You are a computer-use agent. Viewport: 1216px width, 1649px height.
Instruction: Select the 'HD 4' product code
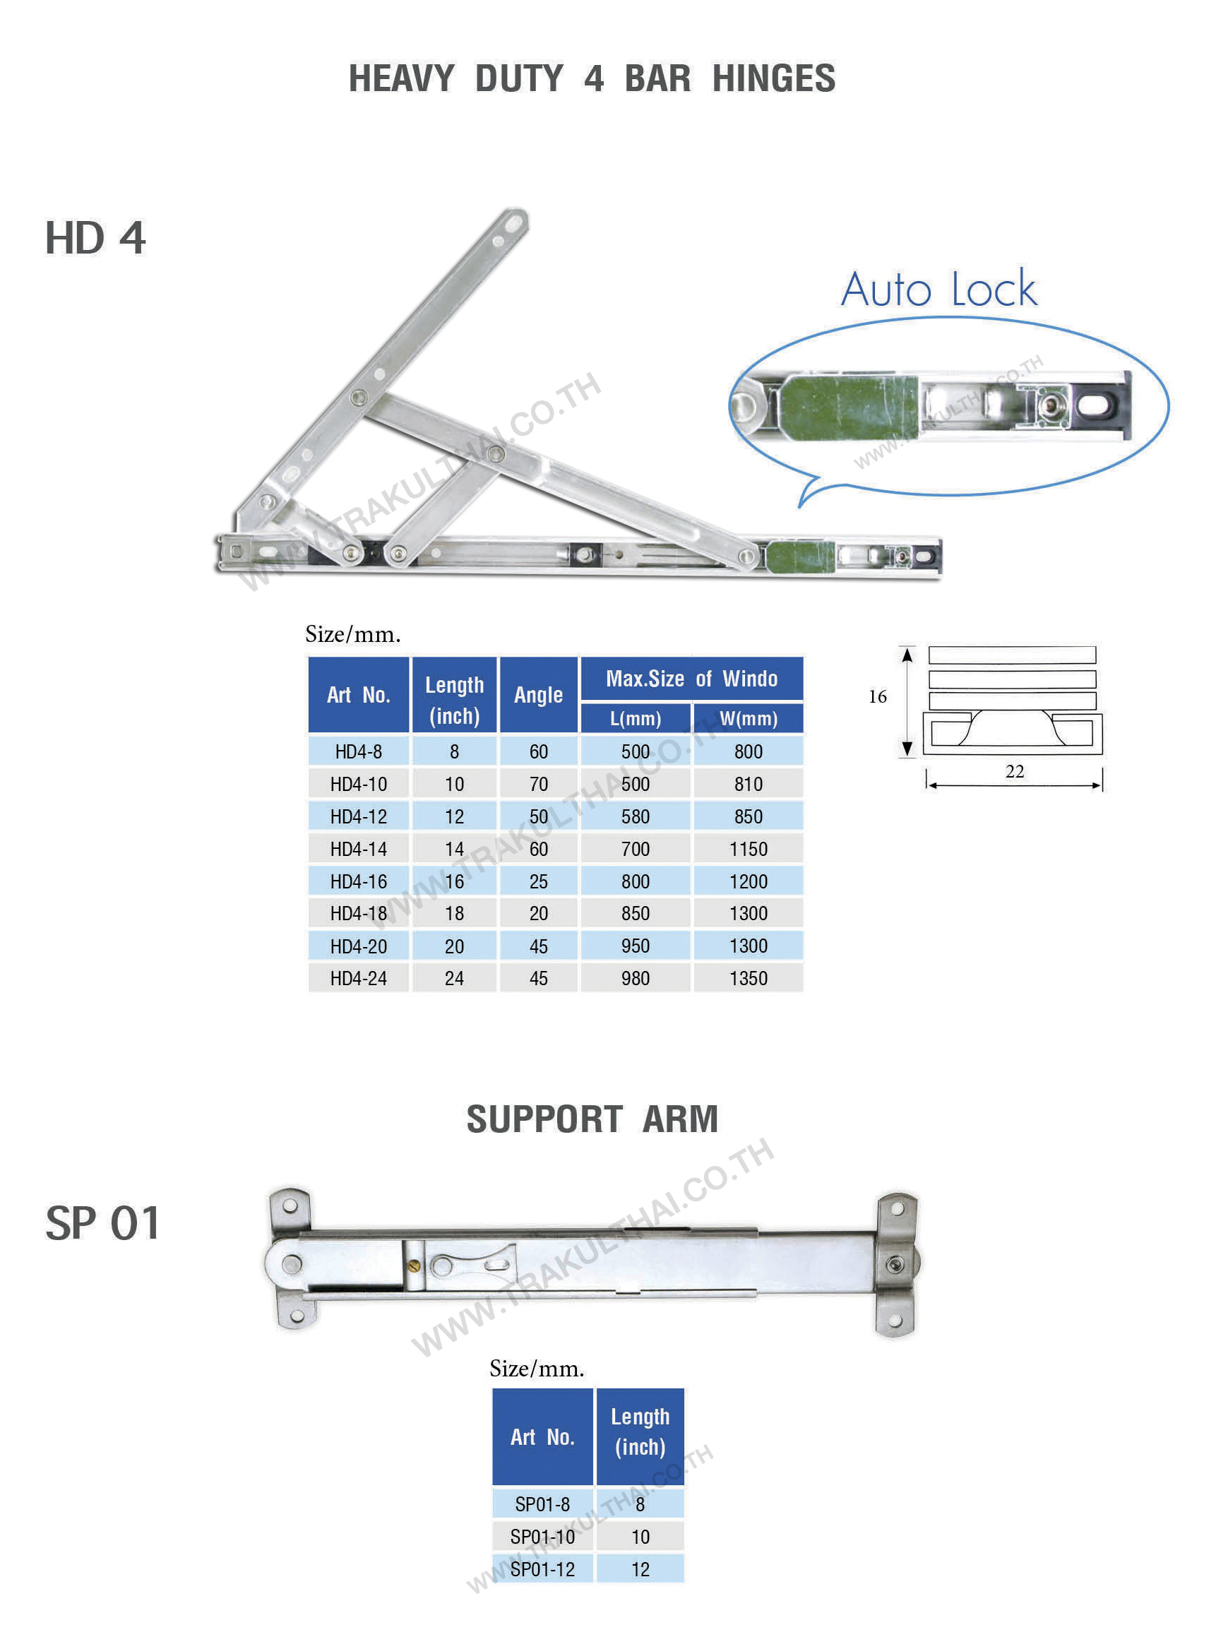[96, 239]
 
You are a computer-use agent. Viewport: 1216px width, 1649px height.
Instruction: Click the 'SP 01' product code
[102, 1222]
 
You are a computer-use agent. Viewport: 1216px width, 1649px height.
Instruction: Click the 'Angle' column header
[538, 695]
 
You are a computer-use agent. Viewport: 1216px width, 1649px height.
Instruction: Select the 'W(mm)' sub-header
[748, 718]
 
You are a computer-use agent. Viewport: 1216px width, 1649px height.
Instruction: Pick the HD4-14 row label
[359, 849]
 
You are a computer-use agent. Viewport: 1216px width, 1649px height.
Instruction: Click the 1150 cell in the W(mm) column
[748, 849]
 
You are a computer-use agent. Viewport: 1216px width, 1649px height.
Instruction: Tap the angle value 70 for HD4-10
[538, 784]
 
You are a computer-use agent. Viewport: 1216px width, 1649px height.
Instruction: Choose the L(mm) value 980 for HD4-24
[636, 978]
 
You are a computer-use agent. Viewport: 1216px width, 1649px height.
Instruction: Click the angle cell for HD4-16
[538, 881]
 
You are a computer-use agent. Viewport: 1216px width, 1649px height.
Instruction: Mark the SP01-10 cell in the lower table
[542, 1537]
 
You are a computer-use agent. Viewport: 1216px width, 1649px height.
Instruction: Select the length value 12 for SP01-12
[640, 1568]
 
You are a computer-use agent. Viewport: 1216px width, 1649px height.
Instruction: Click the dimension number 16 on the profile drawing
[878, 696]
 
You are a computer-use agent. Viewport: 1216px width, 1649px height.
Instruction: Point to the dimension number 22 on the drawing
[1014, 770]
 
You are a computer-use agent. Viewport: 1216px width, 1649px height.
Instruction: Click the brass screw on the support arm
[414, 1266]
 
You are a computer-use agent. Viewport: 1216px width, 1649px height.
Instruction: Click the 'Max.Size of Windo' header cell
[691, 679]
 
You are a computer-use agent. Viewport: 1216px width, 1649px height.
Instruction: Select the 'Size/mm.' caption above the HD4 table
[352, 635]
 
